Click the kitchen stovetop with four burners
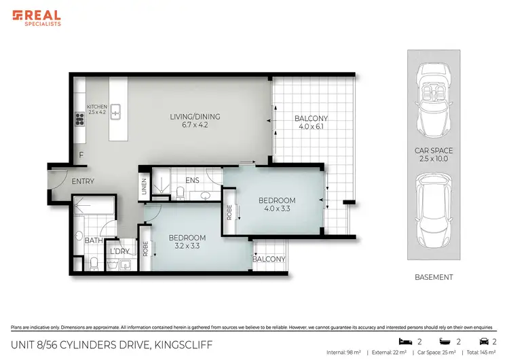pos(79,119)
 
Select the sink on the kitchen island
pos(116,110)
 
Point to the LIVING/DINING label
pos(195,121)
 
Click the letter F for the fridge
pos(81,156)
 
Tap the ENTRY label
pos(83,181)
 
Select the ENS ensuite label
pos(191,180)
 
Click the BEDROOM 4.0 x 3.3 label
pos(277,204)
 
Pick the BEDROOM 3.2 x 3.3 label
pos(187,241)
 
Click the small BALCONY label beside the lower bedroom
pos(268,259)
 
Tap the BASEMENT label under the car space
pos(434,277)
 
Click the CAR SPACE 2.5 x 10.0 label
pos(434,154)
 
